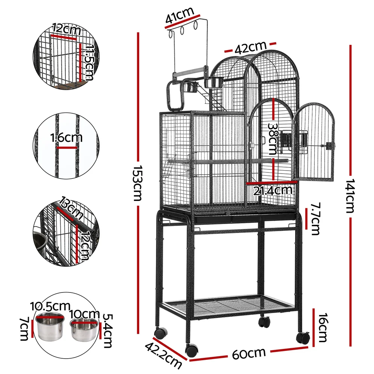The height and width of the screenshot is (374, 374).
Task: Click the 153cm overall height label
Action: (137, 183)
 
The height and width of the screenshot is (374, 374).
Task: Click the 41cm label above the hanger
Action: (180, 17)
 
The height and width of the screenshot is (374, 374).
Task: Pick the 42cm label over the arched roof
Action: (250, 47)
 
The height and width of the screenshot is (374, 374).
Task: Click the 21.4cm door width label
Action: (272, 191)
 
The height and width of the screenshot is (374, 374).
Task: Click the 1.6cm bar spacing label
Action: (66, 138)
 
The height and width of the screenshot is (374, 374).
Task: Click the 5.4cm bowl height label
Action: (107, 330)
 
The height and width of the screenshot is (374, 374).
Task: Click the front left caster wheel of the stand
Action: (191, 350)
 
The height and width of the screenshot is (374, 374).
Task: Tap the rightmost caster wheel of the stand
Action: (303, 338)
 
